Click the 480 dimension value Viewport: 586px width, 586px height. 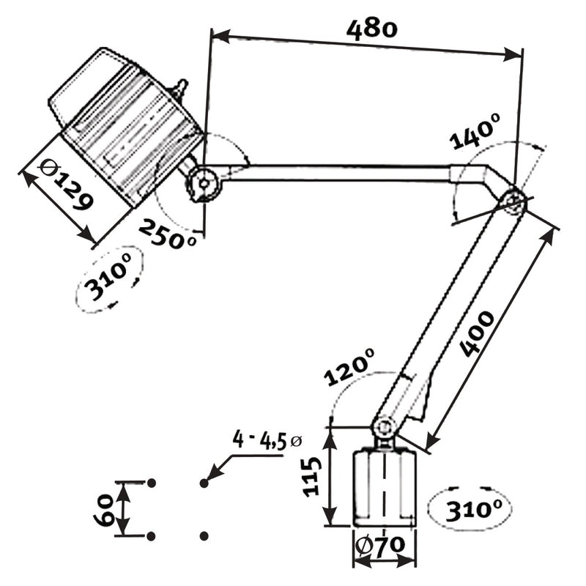pos(371,30)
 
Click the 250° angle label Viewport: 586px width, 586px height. pos(168,234)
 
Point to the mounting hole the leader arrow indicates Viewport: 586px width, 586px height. pos(204,483)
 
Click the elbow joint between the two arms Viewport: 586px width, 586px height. pos(512,201)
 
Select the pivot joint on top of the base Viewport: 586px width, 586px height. pos(383,428)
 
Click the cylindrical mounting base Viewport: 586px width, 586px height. pos(384,488)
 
